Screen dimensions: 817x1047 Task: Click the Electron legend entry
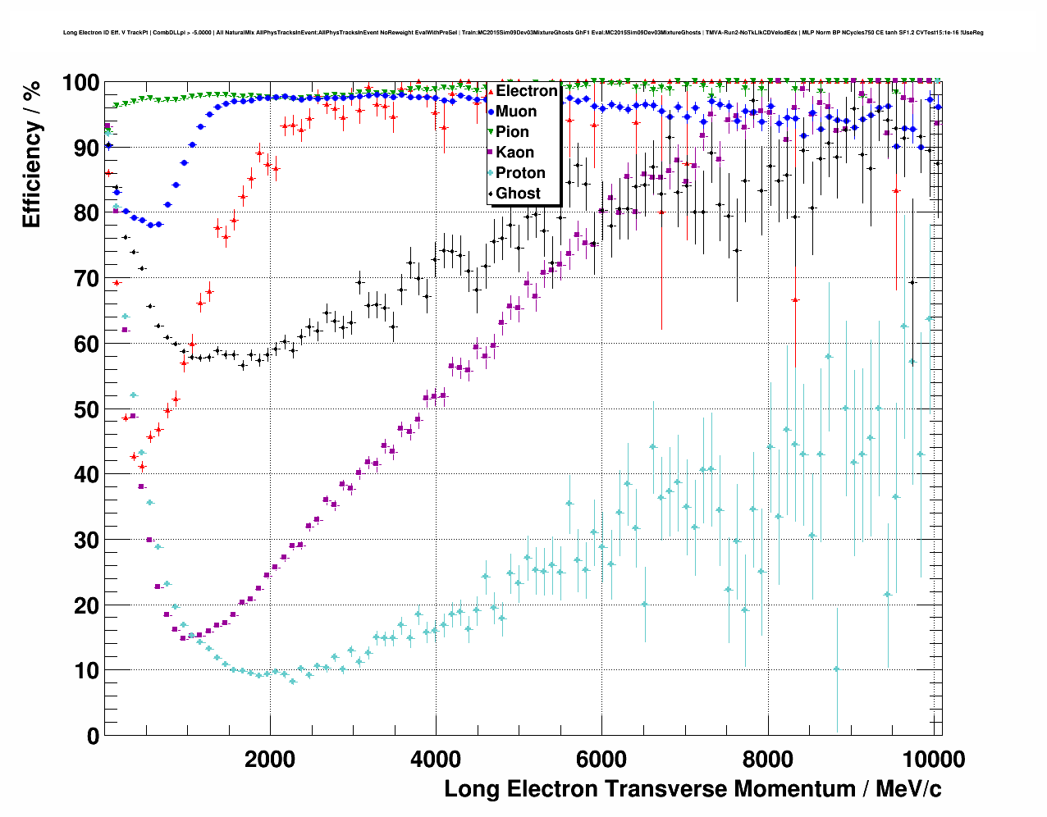click(526, 91)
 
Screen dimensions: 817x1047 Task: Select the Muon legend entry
click(516, 112)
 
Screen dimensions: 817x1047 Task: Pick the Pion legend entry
click(512, 132)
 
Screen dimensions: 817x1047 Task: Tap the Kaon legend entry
click(514, 153)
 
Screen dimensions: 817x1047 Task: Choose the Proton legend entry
click(520, 173)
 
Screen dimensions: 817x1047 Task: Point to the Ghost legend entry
click(518, 194)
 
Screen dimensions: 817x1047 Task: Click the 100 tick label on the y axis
click(80, 83)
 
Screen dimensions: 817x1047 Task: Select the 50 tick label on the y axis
click(86, 409)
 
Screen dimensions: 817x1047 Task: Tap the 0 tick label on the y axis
click(93, 736)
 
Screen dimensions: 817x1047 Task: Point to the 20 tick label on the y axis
click(86, 605)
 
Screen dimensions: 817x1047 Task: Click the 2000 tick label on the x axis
click(270, 760)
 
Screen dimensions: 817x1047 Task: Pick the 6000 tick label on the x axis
click(602, 760)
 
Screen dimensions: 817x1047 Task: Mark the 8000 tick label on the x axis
click(768, 760)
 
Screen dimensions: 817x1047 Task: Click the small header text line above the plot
click(523, 33)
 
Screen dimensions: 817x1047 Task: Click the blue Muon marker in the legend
click(491, 112)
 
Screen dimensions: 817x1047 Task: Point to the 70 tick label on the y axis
click(86, 279)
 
